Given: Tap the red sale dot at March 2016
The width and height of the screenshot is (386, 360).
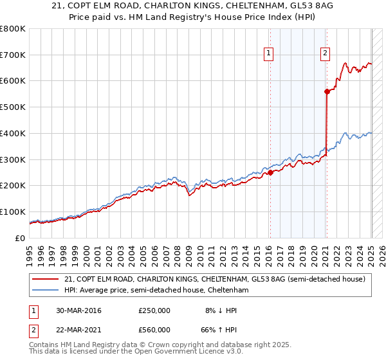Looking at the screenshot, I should click(271, 172).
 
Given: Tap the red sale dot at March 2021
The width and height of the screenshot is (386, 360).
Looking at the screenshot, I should click(327, 91).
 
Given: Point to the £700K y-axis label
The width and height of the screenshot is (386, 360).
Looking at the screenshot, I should click(13, 55).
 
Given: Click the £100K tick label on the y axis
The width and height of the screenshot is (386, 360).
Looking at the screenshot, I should click(13, 212).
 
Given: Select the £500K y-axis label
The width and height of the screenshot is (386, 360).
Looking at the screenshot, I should click(13, 107).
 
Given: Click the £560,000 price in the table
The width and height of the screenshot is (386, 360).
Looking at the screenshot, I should click(154, 329).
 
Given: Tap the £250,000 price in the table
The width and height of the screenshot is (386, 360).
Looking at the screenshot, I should click(154, 311).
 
